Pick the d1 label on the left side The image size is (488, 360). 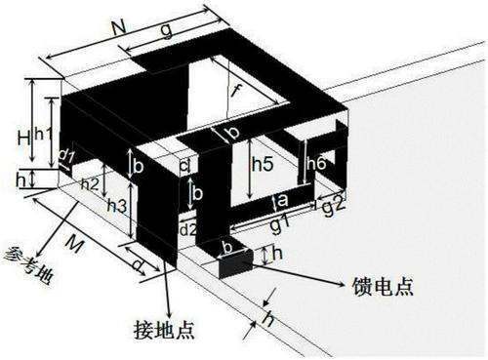pos(66,154)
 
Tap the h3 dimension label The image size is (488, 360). pos(116,206)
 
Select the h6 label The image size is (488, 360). pos(315,165)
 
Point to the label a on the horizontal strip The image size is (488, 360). pos(282,201)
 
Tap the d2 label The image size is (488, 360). pos(188,229)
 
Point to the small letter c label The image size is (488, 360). pos(184,166)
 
